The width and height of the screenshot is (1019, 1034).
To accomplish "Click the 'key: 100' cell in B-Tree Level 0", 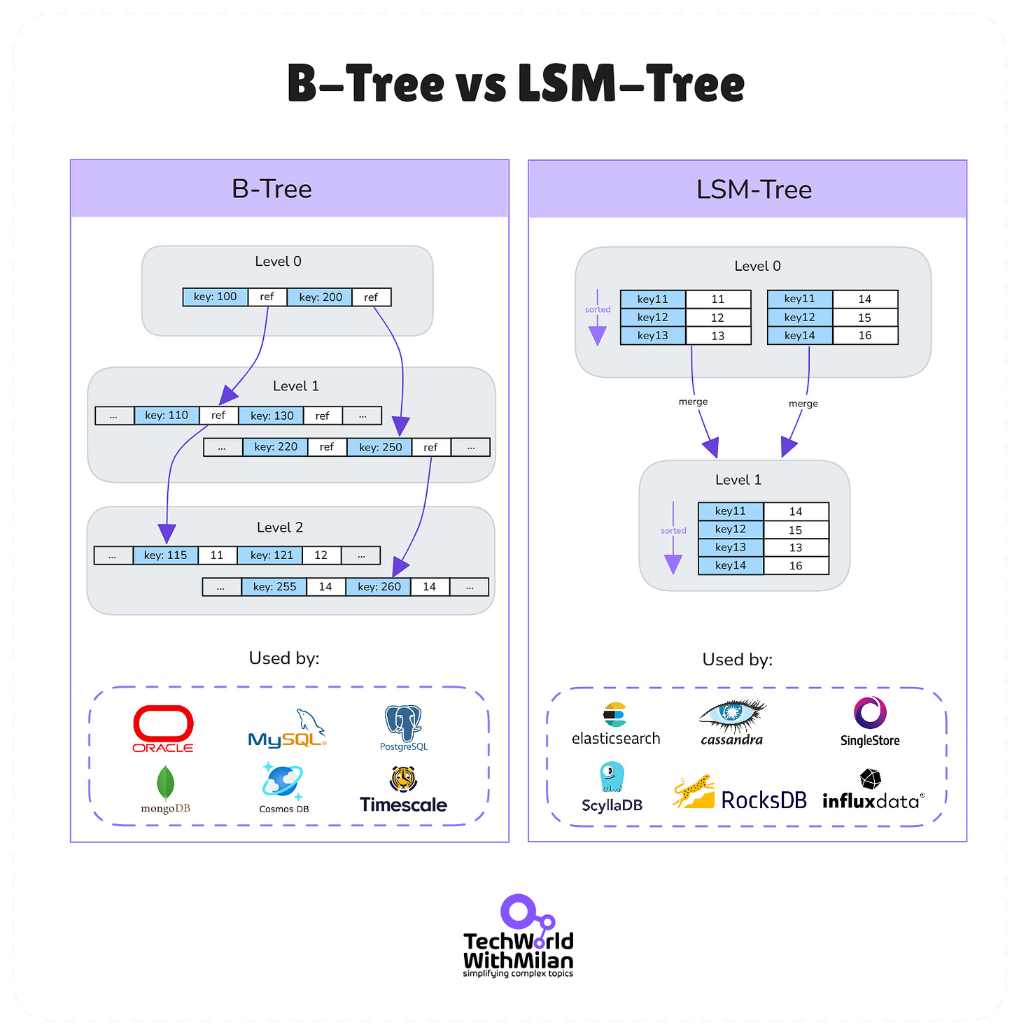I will [x=215, y=297].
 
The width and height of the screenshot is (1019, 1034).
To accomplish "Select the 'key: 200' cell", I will [x=320, y=297].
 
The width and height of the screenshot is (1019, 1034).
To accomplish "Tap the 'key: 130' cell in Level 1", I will [x=272, y=416].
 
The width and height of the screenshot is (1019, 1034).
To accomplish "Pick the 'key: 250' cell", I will [x=380, y=447].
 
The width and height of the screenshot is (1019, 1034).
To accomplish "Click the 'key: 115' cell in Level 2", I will [x=165, y=555].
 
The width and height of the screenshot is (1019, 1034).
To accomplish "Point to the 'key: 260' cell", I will [x=379, y=587].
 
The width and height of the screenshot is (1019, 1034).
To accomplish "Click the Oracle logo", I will [x=163, y=728].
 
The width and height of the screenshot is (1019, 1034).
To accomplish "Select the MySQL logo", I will [x=288, y=730].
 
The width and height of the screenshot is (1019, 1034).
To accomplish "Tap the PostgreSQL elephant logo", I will [x=403, y=723].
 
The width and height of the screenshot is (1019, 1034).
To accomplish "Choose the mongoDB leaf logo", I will [x=165, y=783].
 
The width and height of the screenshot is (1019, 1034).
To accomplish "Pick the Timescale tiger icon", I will [x=404, y=778].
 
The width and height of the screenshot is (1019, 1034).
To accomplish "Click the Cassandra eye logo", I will [x=732, y=714].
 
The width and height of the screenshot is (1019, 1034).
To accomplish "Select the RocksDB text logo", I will [x=764, y=800].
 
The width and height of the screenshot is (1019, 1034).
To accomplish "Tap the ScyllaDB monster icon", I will [x=612, y=777].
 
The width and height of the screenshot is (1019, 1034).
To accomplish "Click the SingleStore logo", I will [x=870, y=714].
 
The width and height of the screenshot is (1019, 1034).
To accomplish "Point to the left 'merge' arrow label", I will [x=693, y=402].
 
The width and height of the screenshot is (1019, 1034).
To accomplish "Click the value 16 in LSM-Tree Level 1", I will [x=796, y=566].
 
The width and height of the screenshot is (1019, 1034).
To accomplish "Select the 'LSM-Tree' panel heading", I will [x=754, y=190].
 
